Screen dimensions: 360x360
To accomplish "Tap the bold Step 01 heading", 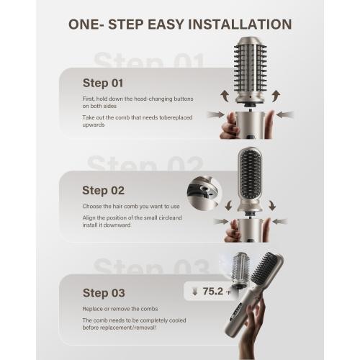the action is [103, 83].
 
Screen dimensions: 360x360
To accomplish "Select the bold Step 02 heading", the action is [103, 191].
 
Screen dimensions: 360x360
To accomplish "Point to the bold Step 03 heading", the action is [104, 293].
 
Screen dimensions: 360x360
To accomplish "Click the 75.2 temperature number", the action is [213, 292].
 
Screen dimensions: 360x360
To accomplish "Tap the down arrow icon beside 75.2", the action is [194, 292].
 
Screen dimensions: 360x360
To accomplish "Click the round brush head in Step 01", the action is [250, 70].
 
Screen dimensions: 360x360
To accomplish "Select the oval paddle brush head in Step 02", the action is [250, 179].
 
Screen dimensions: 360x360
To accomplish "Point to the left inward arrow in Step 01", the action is [216, 114].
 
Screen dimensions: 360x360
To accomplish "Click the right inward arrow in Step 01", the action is [285, 114].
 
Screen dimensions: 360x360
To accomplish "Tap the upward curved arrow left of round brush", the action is [225, 96].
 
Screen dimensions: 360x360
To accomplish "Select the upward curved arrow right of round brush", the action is [276, 96].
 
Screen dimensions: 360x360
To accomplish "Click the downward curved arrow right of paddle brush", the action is [272, 205].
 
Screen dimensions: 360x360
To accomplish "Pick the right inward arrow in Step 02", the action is [280, 221].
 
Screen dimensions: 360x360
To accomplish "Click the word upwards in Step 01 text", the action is [94, 125].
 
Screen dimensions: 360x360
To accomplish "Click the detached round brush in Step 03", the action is [240, 269].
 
